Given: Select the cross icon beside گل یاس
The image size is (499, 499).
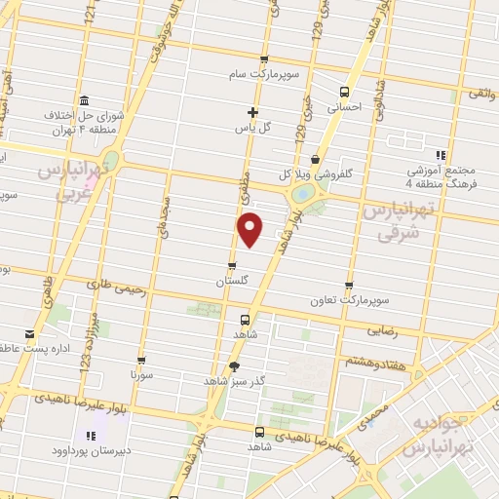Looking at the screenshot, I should coord(253,111).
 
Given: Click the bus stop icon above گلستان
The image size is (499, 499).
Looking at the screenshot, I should coord(232,265).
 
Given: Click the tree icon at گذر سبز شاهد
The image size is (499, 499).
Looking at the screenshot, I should coord(233,366).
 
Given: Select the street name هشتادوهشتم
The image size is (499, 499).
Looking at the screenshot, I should coord(371,361).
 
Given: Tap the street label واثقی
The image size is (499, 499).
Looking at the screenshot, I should coord(481,93).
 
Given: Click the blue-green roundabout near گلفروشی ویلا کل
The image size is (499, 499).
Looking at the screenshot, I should coord(303,195).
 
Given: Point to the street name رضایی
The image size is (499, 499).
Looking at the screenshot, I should coord(382,331).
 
